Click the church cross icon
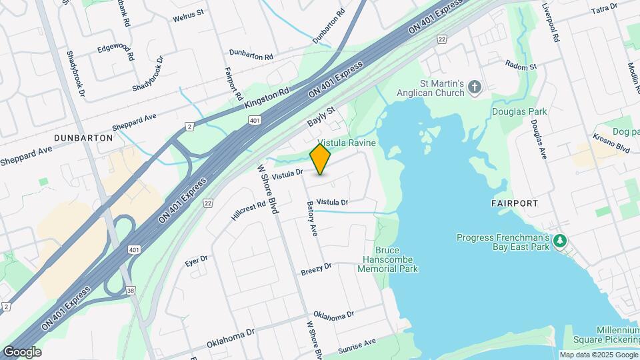click(x=475, y=87)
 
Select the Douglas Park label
click(x=519, y=111)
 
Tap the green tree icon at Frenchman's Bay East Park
click(x=561, y=240)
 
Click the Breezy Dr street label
click(x=315, y=269)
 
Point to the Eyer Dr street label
click(x=197, y=261)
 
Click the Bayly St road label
click(x=320, y=114)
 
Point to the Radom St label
click(x=521, y=67)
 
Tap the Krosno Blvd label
click(x=612, y=147)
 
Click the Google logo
click(x=22, y=351)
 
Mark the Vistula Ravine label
click(x=347, y=143)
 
